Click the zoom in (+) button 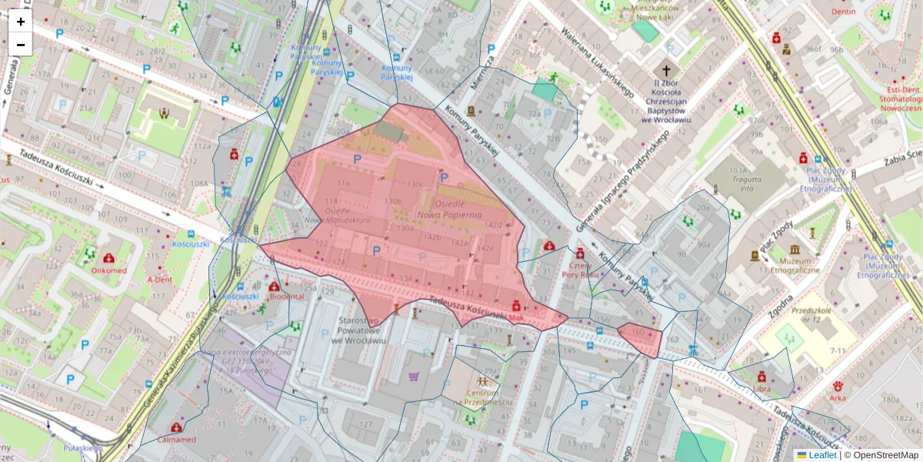click(21, 22)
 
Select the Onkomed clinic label click(108, 270)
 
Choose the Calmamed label click(176, 440)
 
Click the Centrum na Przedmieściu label click(482, 397)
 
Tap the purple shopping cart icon click(414, 377)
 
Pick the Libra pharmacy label click(761, 388)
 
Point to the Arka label click(838, 398)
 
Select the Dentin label click(843, 12)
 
